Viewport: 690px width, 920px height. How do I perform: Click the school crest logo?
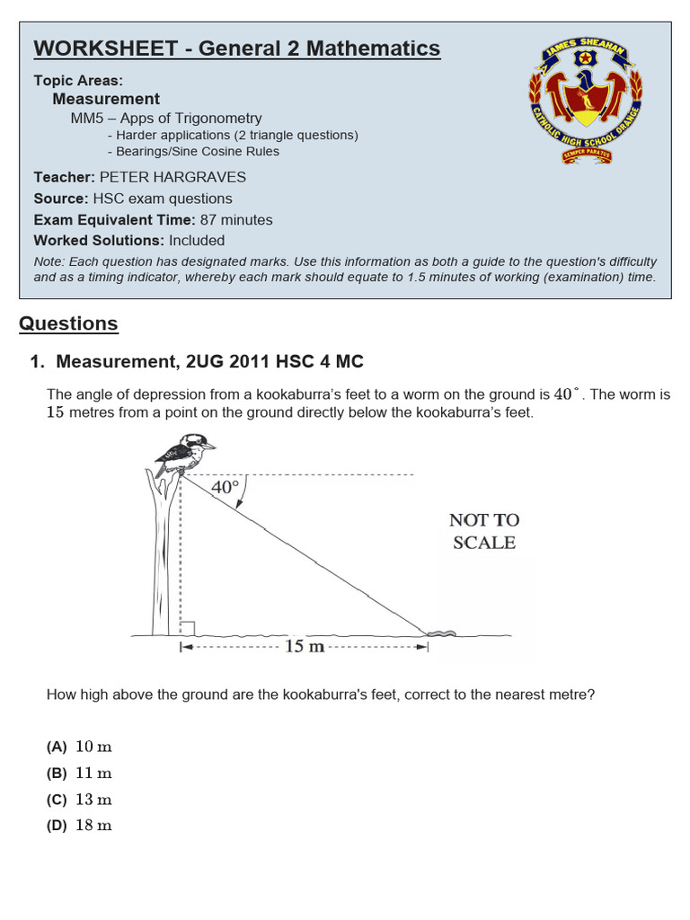coord(585,103)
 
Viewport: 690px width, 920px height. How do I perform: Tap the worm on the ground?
coord(441,633)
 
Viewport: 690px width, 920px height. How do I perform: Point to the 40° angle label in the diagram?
coord(225,487)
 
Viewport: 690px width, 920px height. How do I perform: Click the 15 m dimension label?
coord(304,647)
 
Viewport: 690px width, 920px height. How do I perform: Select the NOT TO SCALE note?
coord(484,531)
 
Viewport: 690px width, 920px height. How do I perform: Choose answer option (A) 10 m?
coord(80,747)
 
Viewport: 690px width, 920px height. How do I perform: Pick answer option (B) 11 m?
coord(80,773)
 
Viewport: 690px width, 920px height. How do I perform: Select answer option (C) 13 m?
coord(80,800)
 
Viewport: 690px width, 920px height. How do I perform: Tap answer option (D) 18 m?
coord(80,826)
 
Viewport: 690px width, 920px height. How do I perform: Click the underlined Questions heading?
coord(68,323)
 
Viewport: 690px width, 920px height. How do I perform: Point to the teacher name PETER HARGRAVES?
coord(172,177)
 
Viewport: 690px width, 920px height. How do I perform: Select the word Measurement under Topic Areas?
coord(106,99)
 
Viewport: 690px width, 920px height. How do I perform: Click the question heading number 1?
coord(37,362)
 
